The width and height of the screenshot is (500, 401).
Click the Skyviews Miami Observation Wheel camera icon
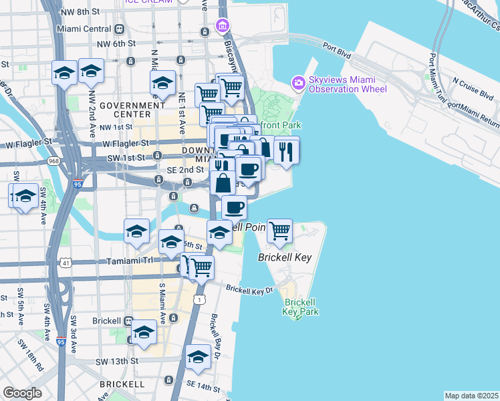(x=298, y=83)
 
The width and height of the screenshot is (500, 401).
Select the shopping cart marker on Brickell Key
(x=279, y=231)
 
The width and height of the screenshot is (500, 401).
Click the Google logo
(x=22, y=393)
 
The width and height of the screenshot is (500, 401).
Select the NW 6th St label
(x=115, y=43)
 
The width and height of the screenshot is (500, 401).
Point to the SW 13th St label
(x=117, y=361)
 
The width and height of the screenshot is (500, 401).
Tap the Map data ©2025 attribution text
(x=471, y=396)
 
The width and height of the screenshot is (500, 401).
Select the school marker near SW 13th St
(x=198, y=358)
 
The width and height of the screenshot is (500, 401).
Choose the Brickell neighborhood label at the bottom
(x=122, y=384)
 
